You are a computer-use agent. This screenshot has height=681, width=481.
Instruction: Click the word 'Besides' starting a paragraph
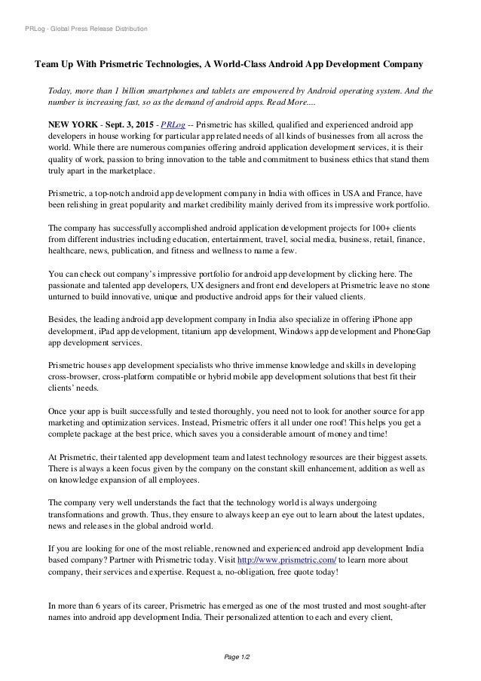pyautogui.click(x=64, y=318)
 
